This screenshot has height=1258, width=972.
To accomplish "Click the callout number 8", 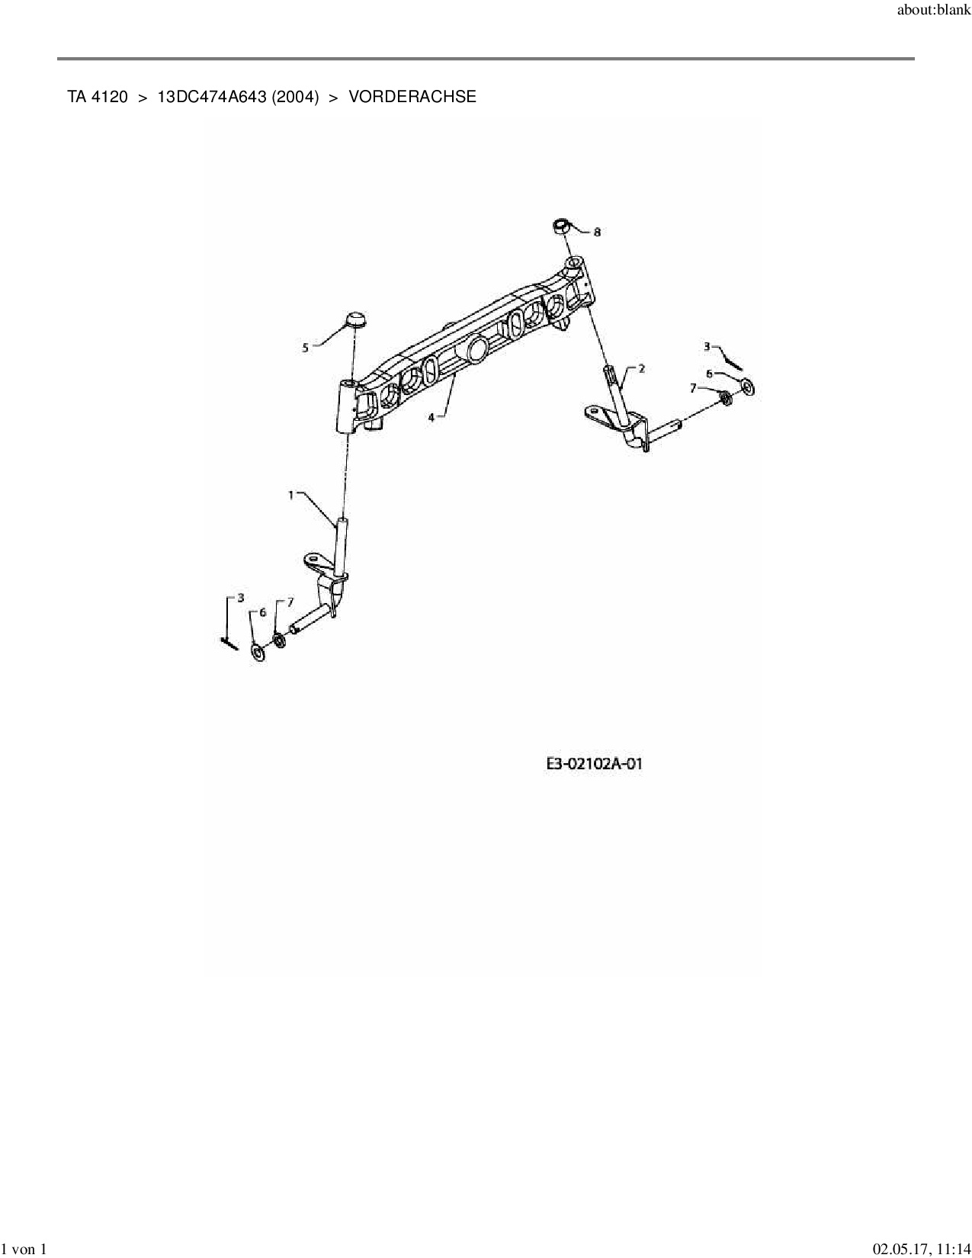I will (x=597, y=232).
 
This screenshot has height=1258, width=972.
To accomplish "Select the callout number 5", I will (x=306, y=348).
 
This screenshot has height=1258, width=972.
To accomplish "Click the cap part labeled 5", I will (x=355, y=319).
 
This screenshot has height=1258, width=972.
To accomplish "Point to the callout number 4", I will (x=431, y=417).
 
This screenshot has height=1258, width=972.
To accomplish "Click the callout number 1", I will (x=291, y=495).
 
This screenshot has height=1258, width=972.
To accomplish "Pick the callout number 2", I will (x=641, y=368).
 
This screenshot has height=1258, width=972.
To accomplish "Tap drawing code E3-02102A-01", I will (x=595, y=763).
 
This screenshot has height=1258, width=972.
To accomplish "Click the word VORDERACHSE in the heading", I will (x=412, y=97).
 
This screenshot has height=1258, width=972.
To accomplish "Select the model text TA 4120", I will (x=98, y=97).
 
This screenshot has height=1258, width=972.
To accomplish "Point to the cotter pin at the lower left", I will (x=229, y=643).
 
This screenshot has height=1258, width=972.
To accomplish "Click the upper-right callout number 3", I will (x=707, y=347).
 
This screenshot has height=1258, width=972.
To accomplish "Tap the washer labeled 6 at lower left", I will (x=258, y=653).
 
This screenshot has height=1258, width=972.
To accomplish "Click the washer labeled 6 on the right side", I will (x=747, y=387).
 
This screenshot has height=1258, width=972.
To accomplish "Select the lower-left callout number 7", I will (x=290, y=602).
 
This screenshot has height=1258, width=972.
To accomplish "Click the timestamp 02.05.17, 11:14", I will (x=921, y=1249).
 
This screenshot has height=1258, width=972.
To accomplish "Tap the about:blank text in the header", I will (x=934, y=10).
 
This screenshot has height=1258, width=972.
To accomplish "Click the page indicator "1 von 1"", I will (x=24, y=1249).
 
